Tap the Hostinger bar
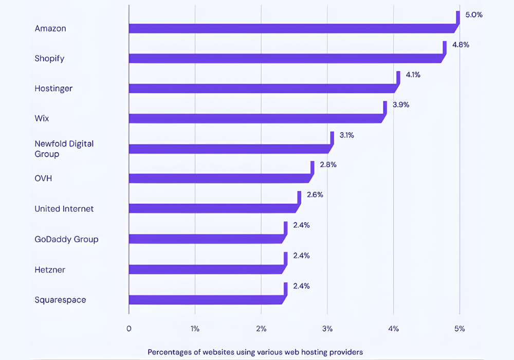(x=262, y=88)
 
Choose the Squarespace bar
(x=206, y=299)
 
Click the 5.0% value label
(x=474, y=15)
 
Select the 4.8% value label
(x=461, y=45)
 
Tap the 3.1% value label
(x=347, y=135)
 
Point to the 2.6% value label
(x=315, y=195)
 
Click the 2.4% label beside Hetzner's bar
(x=301, y=256)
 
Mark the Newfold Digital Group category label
(x=64, y=149)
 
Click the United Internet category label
(x=64, y=209)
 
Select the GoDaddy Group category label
(x=66, y=239)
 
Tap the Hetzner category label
(x=50, y=269)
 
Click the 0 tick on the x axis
(x=128, y=329)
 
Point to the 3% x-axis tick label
(x=327, y=329)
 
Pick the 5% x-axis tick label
(x=459, y=329)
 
